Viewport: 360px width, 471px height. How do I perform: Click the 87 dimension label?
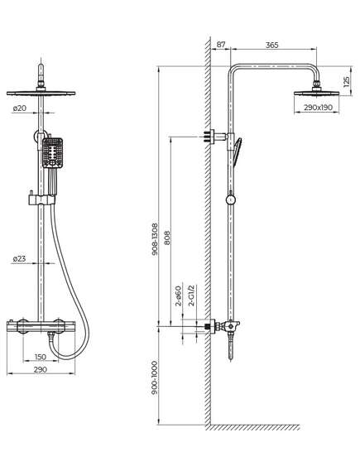tap(221, 45)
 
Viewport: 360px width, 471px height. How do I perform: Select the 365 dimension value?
tap(272, 45)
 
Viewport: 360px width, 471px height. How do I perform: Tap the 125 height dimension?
tap(346, 81)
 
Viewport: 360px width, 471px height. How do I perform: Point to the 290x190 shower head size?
tap(318, 108)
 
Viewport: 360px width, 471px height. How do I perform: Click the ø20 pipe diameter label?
tap(20, 108)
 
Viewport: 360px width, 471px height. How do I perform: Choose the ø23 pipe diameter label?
tap(19, 258)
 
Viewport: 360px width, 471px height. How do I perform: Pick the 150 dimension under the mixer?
tap(41, 357)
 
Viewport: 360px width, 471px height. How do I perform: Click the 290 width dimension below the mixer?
tap(41, 369)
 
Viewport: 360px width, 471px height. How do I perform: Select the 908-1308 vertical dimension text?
tap(155, 239)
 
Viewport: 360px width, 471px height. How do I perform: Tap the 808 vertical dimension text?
tap(167, 238)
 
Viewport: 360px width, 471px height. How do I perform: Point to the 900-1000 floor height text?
tap(154, 378)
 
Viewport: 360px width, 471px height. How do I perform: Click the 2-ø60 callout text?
tap(179, 296)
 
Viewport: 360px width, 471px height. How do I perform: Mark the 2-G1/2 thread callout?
tap(191, 296)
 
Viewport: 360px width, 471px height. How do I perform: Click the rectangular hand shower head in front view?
tap(52, 153)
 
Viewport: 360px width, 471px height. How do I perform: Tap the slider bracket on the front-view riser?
tap(42, 199)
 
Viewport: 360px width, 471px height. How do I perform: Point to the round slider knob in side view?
tap(230, 199)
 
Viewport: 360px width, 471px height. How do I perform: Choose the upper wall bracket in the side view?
tap(215, 137)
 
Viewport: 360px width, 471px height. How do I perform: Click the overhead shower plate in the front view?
tap(41, 93)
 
